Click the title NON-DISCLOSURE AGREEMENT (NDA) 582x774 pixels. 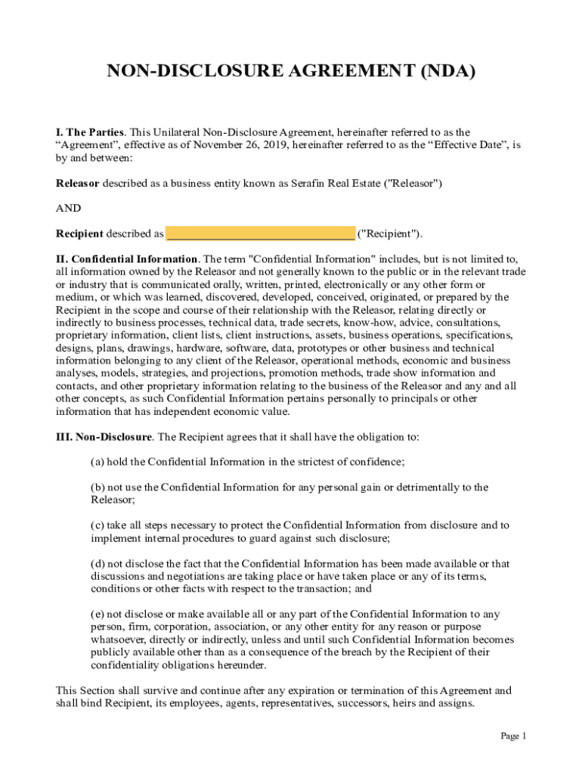pyautogui.click(x=291, y=72)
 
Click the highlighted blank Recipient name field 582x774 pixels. pyautogui.click(x=261, y=234)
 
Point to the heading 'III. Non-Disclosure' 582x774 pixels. pyautogui.click(x=105, y=437)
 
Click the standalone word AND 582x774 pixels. pyautogui.click(x=69, y=208)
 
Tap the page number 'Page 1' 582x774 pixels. pyautogui.click(x=513, y=736)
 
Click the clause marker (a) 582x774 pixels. pyautogui.click(x=97, y=462)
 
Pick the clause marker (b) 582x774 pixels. pyautogui.click(x=97, y=487)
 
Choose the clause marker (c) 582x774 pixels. pyautogui.click(x=97, y=525)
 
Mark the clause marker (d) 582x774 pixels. pyautogui.click(x=97, y=563)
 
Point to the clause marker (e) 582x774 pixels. pyautogui.click(x=97, y=615)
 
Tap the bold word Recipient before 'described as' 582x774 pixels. pyautogui.click(x=80, y=234)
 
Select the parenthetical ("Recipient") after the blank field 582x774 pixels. pyautogui.click(x=390, y=234)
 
